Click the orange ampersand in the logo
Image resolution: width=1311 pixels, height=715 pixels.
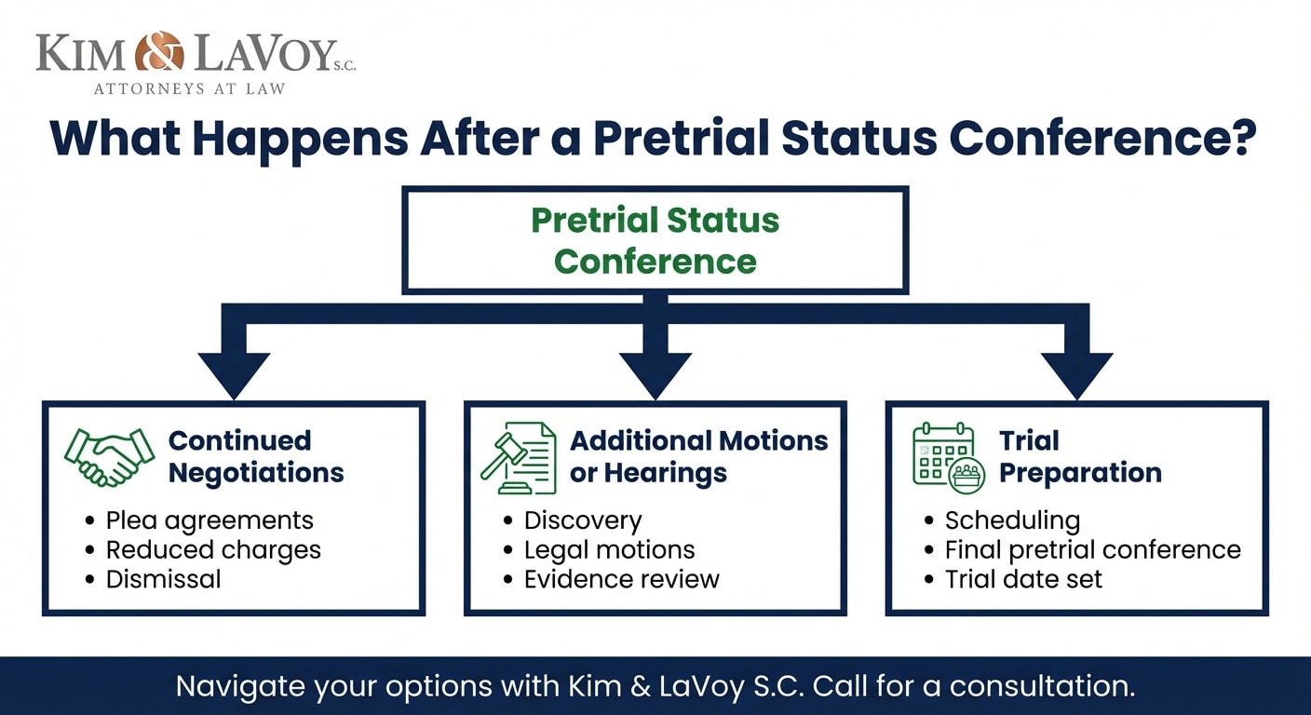pos(159,52)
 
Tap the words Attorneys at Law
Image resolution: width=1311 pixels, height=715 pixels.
pos(189,89)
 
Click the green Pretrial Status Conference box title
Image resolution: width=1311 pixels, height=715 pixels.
pos(655,240)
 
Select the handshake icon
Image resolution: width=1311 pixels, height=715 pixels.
pos(109,457)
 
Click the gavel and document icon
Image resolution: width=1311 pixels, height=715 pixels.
pos(518,457)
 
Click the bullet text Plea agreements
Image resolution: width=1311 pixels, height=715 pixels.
pos(209,519)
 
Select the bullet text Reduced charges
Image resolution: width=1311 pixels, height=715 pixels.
pos(213,549)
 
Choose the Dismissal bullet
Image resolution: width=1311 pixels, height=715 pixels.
pos(164,579)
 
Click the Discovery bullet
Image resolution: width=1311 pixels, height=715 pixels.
pos(583,519)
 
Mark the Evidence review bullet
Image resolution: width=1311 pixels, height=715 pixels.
pos(621,579)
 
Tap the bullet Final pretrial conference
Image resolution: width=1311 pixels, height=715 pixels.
pos(1092,549)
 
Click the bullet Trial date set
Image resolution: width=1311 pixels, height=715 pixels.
pos(1023,579)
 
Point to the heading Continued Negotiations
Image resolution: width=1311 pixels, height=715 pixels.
pos(256,456)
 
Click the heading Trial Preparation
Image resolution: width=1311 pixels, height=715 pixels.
pos(1080,456)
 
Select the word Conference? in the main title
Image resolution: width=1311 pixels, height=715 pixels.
pos(1103,137)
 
